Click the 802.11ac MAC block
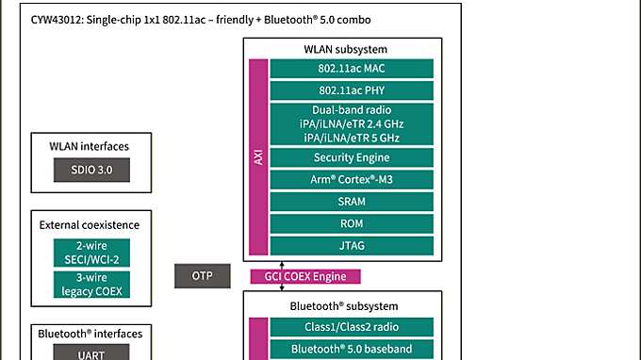[x=352, y=68]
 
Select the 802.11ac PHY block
[x=352, y=90]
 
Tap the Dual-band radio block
[x=352, y=123]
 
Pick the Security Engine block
[x=352, y=156]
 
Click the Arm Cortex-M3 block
[x=352, y=179]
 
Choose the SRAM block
[x=352, y=202]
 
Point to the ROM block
[x=352, y=223]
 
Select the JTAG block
[x=352, y=246]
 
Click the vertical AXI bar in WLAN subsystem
[x=258, y=157]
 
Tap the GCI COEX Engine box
[x=304, y=276]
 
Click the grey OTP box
[x=203, y=276]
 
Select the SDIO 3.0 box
[x=90, y=171]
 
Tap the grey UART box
[x=90, y=353]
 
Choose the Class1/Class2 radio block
[x=352, y=327]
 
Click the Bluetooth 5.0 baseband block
[x=352, y=350]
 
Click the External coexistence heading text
[x=90, y=224]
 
